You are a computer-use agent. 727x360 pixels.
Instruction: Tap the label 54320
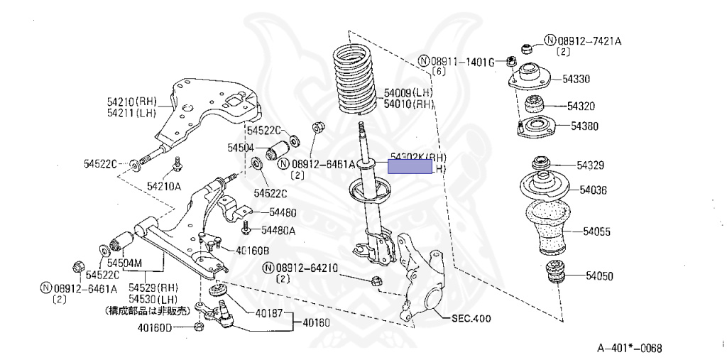581,107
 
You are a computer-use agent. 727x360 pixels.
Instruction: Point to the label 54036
594,190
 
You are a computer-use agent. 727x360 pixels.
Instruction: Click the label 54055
598,231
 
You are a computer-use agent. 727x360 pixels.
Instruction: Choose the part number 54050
600,276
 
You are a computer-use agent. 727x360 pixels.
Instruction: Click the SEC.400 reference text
471,319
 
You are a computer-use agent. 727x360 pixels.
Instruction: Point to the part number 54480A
278,229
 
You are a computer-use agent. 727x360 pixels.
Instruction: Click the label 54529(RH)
154,288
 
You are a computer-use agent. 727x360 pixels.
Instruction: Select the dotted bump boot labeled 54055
556,228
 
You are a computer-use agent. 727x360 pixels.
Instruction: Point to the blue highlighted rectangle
410,167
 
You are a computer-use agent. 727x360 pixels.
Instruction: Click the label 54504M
124,263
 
